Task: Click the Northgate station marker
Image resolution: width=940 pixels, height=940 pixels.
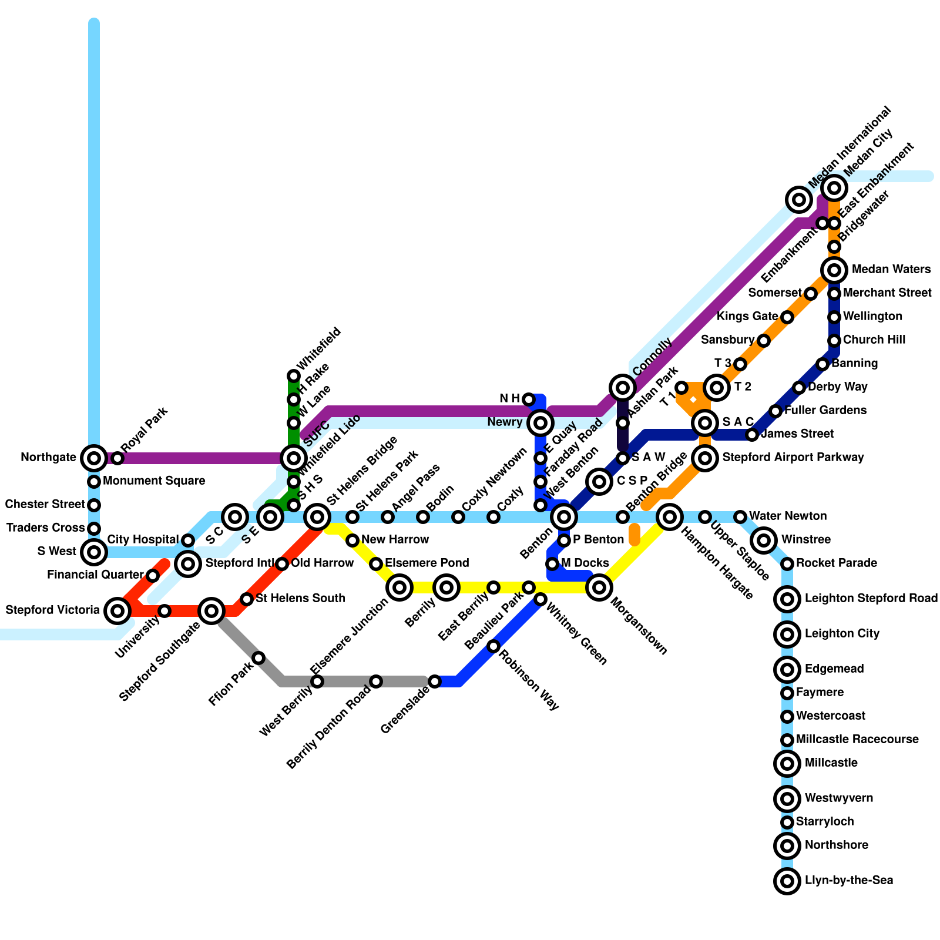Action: click(x=93, y=458)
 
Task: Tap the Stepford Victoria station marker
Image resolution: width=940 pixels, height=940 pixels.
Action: click(x=117, y=611)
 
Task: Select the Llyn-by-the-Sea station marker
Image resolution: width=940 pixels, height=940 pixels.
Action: click(x=787, y=881)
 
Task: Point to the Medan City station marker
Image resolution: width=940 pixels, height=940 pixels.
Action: click(x=834, y=188)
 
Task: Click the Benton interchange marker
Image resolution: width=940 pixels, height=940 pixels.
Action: click(x=564, y=517)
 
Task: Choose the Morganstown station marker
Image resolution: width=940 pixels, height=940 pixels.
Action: click(x=599, y=587)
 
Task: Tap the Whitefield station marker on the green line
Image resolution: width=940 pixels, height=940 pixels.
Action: click(x=294, y=376)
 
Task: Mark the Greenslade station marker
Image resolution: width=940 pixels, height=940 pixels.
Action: click(x=435, y=681)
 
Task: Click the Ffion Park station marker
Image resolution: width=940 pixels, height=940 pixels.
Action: click(x=258, y=658)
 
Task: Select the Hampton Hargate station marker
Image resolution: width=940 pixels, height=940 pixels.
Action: click(x=670, y=517)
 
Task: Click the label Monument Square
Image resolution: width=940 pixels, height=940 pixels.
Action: click(x=154, y=481)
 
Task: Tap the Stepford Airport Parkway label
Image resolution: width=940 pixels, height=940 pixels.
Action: click(x=793, y=457)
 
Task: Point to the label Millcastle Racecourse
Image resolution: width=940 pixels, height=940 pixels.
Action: click(x=857, y=739)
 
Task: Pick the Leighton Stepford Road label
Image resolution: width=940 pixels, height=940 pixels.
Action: click(x=871, y=598)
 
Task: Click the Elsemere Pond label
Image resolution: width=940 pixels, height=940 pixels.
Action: click(x=427, y=563)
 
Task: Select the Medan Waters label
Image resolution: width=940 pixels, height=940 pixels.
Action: click(x=891, y=269)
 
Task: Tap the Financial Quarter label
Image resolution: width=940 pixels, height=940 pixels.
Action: click(x=95, y=575)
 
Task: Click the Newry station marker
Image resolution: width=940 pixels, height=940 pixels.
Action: click(x=540, y=422)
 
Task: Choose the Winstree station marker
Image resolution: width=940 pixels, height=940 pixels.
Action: click(x=764, y=540)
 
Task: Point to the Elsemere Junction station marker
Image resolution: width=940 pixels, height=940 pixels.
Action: click(x=399, y=587)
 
